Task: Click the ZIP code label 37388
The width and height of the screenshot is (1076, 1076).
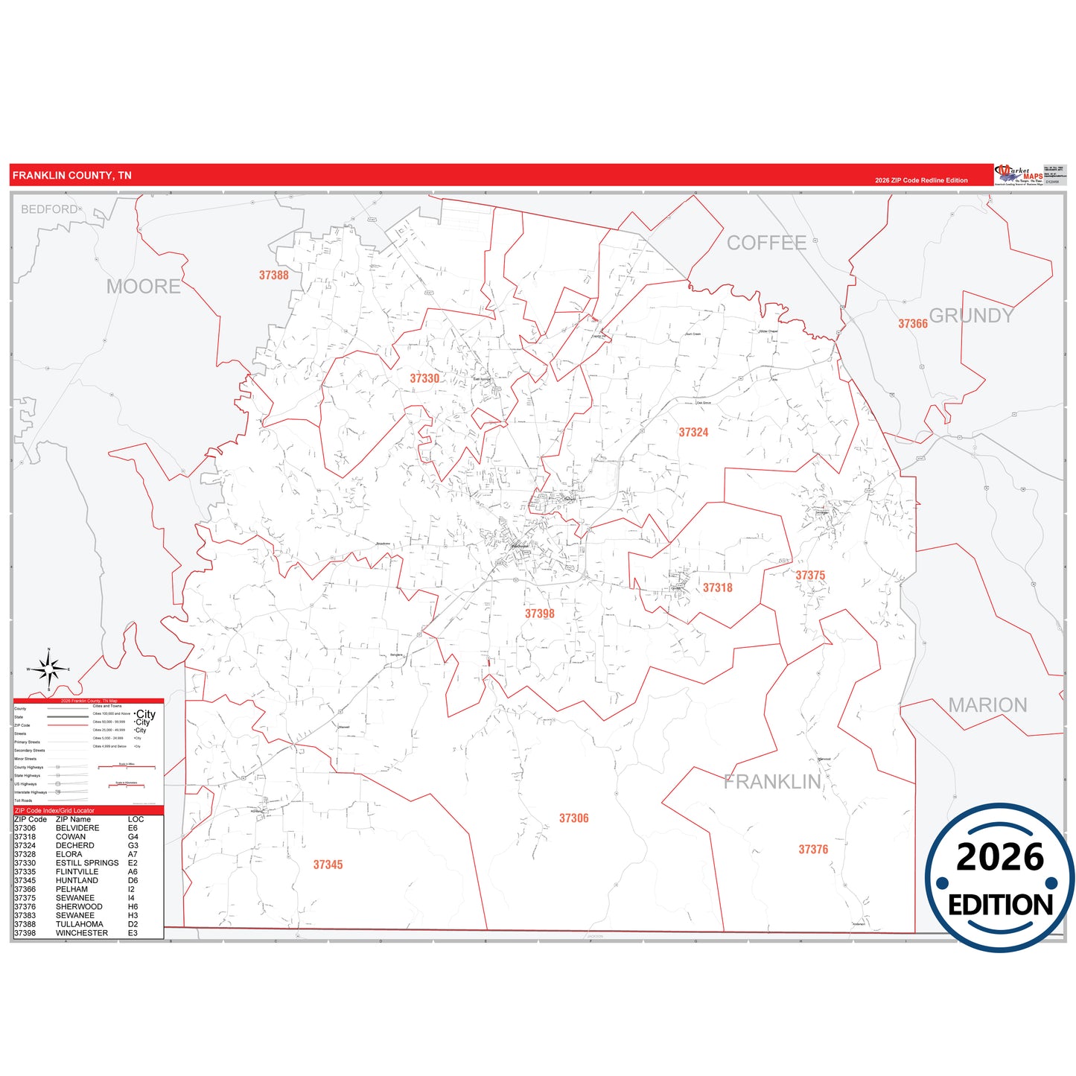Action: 273,276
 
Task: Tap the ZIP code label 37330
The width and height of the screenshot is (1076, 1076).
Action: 424,378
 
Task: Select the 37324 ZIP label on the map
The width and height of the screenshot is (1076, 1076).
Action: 693,433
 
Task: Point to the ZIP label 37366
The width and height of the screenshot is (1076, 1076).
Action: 912,324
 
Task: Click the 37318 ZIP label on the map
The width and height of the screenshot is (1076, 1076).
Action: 717,588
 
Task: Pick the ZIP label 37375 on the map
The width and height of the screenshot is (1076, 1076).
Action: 810,576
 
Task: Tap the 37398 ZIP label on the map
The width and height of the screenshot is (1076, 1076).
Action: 539,614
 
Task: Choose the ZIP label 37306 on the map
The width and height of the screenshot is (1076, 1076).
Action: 573,818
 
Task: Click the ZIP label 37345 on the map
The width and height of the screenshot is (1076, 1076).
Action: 328,865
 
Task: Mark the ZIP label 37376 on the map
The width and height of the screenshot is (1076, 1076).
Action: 813,850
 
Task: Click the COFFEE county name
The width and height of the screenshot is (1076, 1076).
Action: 766,243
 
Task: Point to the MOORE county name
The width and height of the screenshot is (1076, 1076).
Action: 143,287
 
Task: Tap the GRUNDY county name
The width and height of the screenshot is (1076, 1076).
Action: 971,316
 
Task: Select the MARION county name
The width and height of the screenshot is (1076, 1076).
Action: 987,705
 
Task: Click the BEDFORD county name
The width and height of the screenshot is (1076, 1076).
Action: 49,209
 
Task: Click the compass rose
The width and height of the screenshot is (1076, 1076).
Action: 49,669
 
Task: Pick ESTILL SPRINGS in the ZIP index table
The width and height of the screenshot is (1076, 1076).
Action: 87,863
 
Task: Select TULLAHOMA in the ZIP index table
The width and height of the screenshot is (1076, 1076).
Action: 80,924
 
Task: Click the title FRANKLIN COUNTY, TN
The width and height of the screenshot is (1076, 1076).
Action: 72,176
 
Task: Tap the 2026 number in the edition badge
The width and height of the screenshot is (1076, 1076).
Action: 999,857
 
